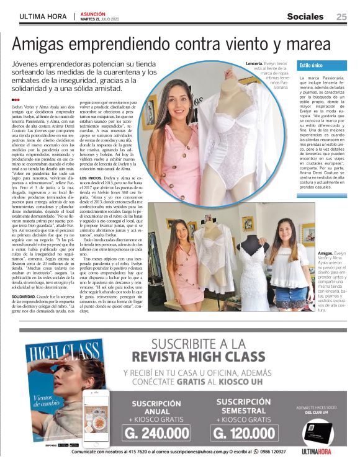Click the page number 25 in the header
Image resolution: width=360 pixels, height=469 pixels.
click(x=341, y=17)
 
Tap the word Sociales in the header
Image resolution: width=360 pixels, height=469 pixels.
click(x=305, y=17)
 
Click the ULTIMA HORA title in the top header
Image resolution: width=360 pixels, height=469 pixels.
click(x=44, y=17)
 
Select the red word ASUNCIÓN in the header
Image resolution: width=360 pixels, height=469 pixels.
click(x=93, y=13)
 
